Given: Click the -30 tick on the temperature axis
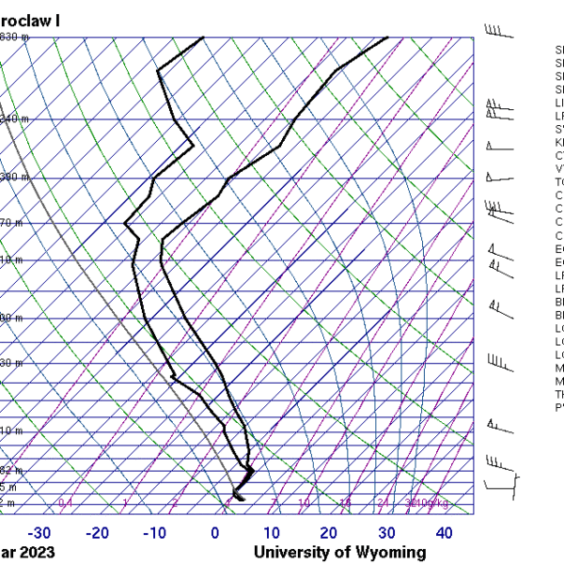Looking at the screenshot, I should click(39, 533).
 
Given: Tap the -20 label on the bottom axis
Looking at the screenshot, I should click(98, 533).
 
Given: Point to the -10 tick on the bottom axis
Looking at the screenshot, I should click(155, 533).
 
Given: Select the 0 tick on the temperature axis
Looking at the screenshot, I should click(214, 533).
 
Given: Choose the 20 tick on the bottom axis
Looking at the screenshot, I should click(329, 533).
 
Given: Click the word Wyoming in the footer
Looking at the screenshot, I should click(385, 553).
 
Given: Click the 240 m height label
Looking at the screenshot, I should click(14, 118).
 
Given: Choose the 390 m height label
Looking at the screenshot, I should click(14, 177).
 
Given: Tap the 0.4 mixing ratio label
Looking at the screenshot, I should click(66, 504).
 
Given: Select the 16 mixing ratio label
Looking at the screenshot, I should click(346, 504).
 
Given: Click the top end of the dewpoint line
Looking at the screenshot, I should click(203, 38).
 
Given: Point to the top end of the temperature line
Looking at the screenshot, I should click(387, 38).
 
